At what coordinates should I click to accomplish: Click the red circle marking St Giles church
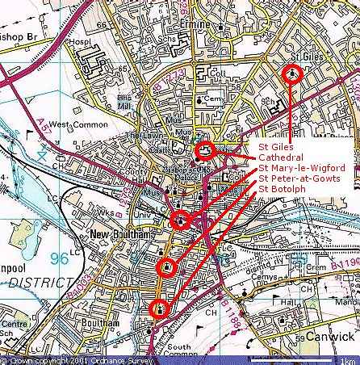[x=292, y=74]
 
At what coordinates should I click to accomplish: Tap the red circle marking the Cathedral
[x=205, y=151]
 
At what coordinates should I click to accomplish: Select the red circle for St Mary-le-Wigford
[x=182, y=220]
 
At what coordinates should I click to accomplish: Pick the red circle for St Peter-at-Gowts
[x=166, y=267]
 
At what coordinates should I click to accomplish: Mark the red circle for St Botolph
[x=159, y=308]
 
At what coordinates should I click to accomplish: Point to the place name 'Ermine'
[x=220, y=14]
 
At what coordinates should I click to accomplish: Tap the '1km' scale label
[x=348, y=360]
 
